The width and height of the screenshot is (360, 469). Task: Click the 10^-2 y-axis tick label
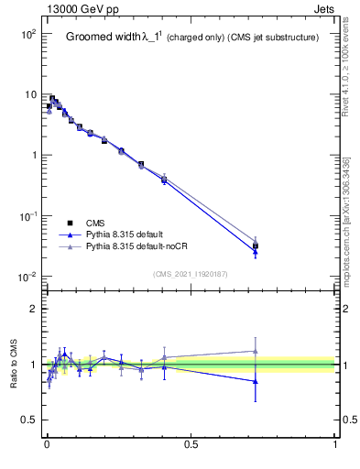point(27,277)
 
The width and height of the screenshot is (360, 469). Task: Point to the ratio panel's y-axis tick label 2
point(34,309)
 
